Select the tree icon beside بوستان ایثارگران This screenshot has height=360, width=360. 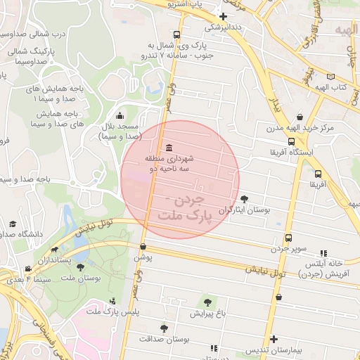[244, 199]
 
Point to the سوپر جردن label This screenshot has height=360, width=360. [290, 249]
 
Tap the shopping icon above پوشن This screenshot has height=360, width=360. [143, 247]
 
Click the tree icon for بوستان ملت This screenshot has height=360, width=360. [81, 268]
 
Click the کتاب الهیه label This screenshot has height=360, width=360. [340, 87]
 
